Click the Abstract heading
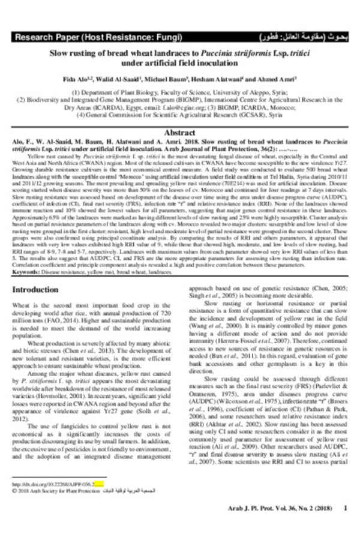click(x=179, y=132)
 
